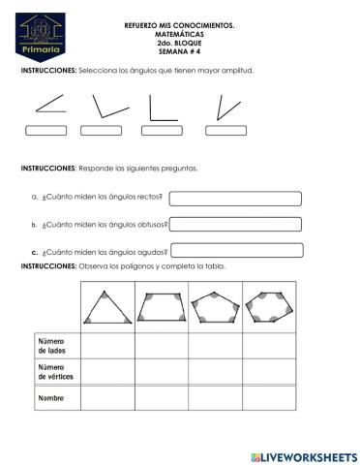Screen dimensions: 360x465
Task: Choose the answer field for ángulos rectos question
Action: click(236, 199)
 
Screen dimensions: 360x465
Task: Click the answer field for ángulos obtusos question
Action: click(236, 224)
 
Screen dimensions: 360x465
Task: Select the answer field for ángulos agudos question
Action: click(236, 250)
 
